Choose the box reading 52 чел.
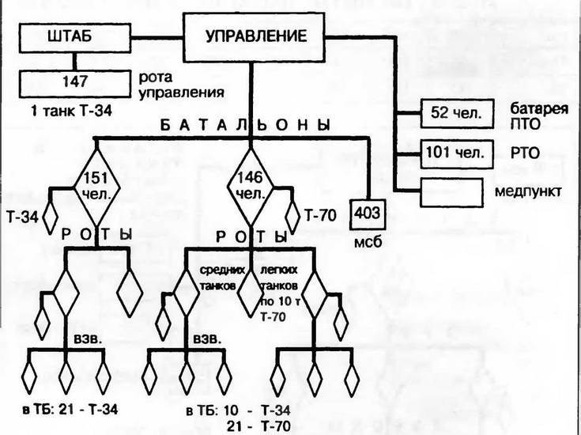[x=448, y=114]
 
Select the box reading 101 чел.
[x=448, y=151]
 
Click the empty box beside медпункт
[x=448, y=191]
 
